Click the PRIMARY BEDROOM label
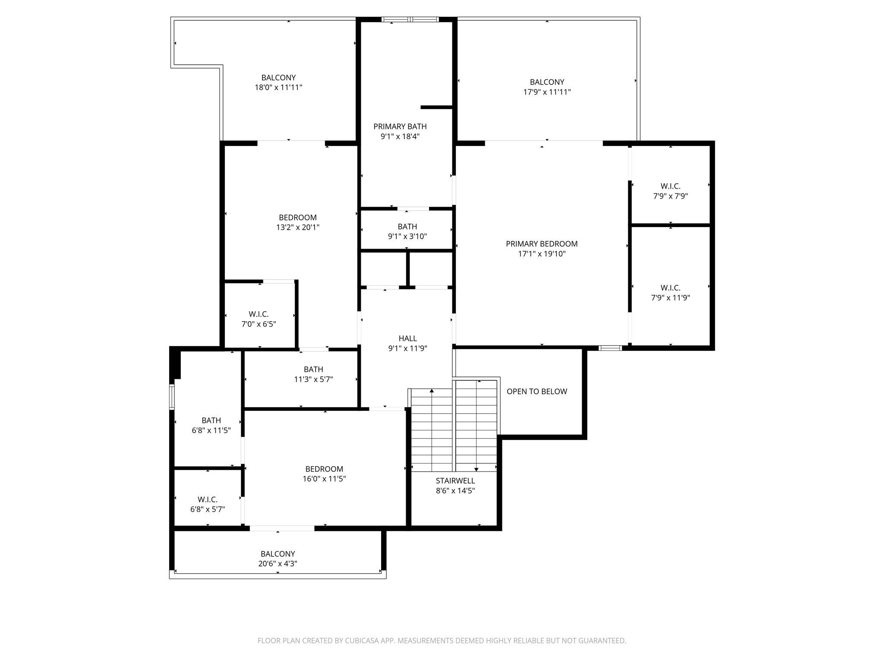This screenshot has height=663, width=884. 542,244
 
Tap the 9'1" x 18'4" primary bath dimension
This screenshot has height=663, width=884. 400,136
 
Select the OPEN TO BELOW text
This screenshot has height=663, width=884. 537,391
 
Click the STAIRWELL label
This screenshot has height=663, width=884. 455,480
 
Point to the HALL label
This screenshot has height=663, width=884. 407,338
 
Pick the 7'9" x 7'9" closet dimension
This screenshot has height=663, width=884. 670,196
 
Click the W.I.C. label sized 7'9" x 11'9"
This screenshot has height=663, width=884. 670,287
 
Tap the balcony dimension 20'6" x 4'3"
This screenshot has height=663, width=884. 278,563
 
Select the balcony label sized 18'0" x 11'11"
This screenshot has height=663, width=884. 278,78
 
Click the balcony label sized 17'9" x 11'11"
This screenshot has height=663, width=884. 547,82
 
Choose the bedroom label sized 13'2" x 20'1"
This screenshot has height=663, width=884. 297,218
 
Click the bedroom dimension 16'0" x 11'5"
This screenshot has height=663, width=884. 324,479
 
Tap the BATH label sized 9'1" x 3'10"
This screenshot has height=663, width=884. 407,227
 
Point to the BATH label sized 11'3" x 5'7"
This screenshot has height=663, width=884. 313,369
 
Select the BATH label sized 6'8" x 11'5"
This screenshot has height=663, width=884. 211,420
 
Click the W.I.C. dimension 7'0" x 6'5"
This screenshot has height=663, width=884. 258,324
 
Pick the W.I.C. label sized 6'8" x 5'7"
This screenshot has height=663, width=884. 208,499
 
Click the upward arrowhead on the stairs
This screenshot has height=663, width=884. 432,391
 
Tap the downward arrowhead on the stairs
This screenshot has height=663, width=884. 476,469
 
